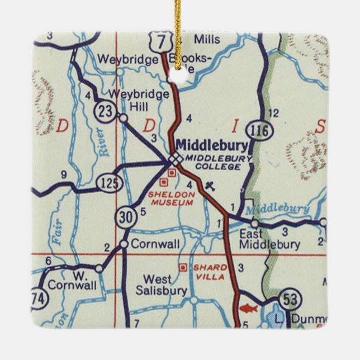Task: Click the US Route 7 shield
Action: coord(163,40)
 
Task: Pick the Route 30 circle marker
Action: coord(127,217)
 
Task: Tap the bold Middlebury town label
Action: coord(212,145)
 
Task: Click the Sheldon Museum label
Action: coord(172,198)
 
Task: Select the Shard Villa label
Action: coord(209,272)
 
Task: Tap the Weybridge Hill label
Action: coord(139,100)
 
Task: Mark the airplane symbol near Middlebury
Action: coord(210,185)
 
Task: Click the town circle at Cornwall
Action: coord(124,244)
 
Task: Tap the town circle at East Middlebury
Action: coord(254,223)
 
